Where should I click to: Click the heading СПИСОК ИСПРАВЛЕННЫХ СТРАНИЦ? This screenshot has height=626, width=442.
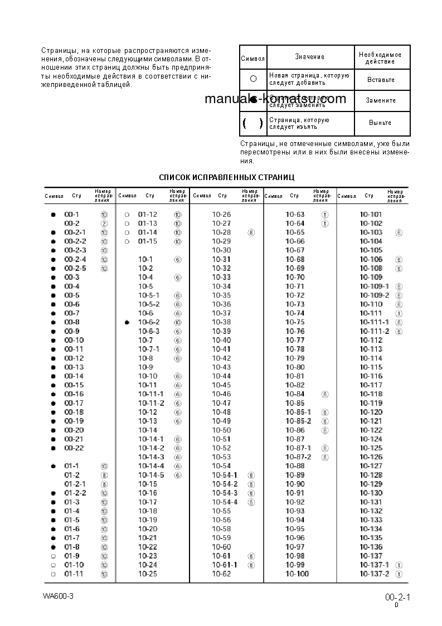click(226, 177)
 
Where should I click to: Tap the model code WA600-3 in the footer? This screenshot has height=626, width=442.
click(58, 595)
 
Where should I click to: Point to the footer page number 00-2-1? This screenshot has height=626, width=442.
click(397, 598)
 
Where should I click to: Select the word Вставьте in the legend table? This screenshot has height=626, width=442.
click(381, 80)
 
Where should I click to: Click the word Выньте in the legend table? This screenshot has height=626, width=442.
click(380, 123)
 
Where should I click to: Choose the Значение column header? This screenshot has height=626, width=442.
click(309, 57)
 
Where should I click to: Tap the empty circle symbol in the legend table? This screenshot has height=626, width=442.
click(253, 79)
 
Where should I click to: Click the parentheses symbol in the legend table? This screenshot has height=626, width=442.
click(252, 123)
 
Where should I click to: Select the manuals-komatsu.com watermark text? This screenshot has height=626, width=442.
click(275, 99)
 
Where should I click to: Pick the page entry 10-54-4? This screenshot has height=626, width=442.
click(225, 502)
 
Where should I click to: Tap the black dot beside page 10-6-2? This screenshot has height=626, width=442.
click(127, 322)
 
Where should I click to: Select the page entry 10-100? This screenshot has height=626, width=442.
click(297, 574)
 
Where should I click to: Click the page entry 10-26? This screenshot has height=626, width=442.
click(221, 215)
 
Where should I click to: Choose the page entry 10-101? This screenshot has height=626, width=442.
click(371, 215)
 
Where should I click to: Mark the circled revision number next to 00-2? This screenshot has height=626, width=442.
click(104, 224)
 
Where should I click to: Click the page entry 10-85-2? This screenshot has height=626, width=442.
click(298, 421)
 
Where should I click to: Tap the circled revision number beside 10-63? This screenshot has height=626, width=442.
click(325, 215)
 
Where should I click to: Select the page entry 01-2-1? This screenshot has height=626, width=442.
click(75, 484)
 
